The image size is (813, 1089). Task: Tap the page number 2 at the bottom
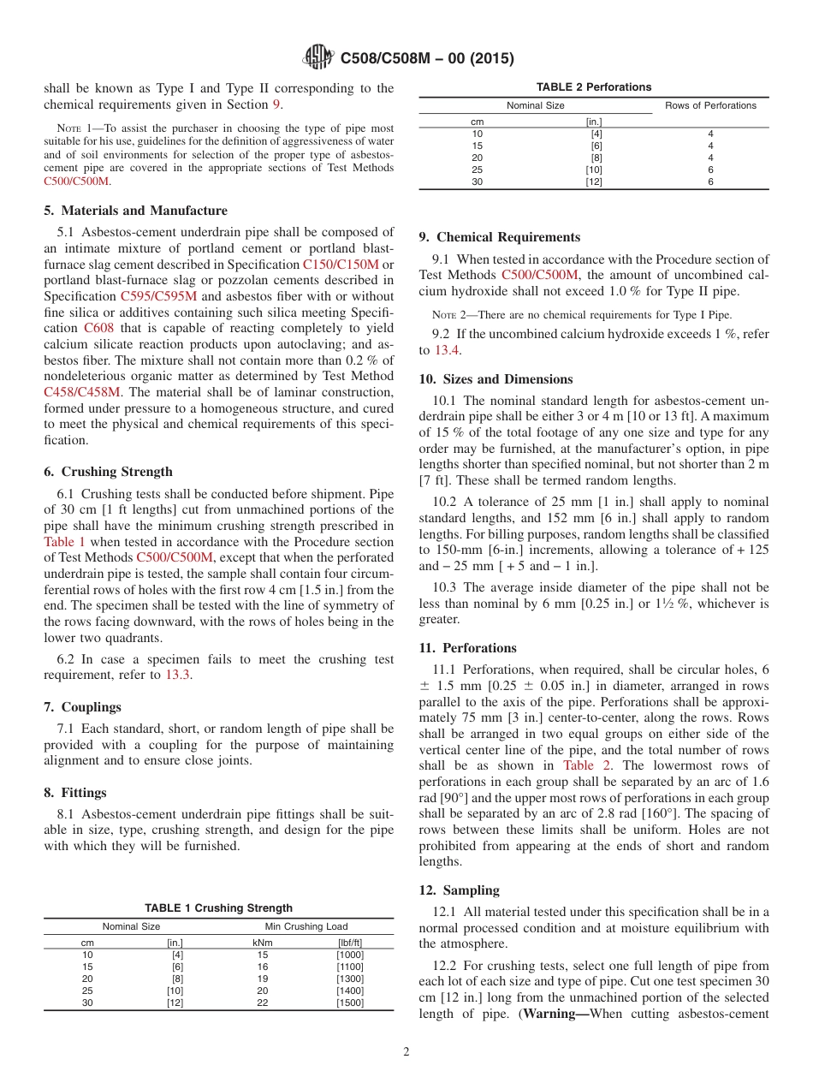[x=406, y=1052]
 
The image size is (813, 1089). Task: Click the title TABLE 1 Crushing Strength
[x=218, y=907]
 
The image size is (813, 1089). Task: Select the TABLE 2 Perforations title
[x=593, y=86]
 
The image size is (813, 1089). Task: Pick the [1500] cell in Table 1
[x=349, y=1003]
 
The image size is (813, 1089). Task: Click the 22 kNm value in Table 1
[x=263, y=1003]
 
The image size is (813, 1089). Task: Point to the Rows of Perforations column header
[x=710, y=105]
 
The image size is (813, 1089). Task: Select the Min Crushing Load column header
[x=306, y=926]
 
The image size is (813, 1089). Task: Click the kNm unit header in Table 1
[x=263, y=943]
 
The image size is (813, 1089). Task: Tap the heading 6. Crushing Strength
[x=108, y=472]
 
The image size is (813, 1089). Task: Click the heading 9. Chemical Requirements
[x=500, y=237]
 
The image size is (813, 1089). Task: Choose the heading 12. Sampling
[x=460, y=890]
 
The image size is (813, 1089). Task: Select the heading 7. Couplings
[x=82, y=707]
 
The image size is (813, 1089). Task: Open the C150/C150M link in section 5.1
[x=340, y=265]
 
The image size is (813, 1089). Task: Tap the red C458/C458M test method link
[x=82, y=392]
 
